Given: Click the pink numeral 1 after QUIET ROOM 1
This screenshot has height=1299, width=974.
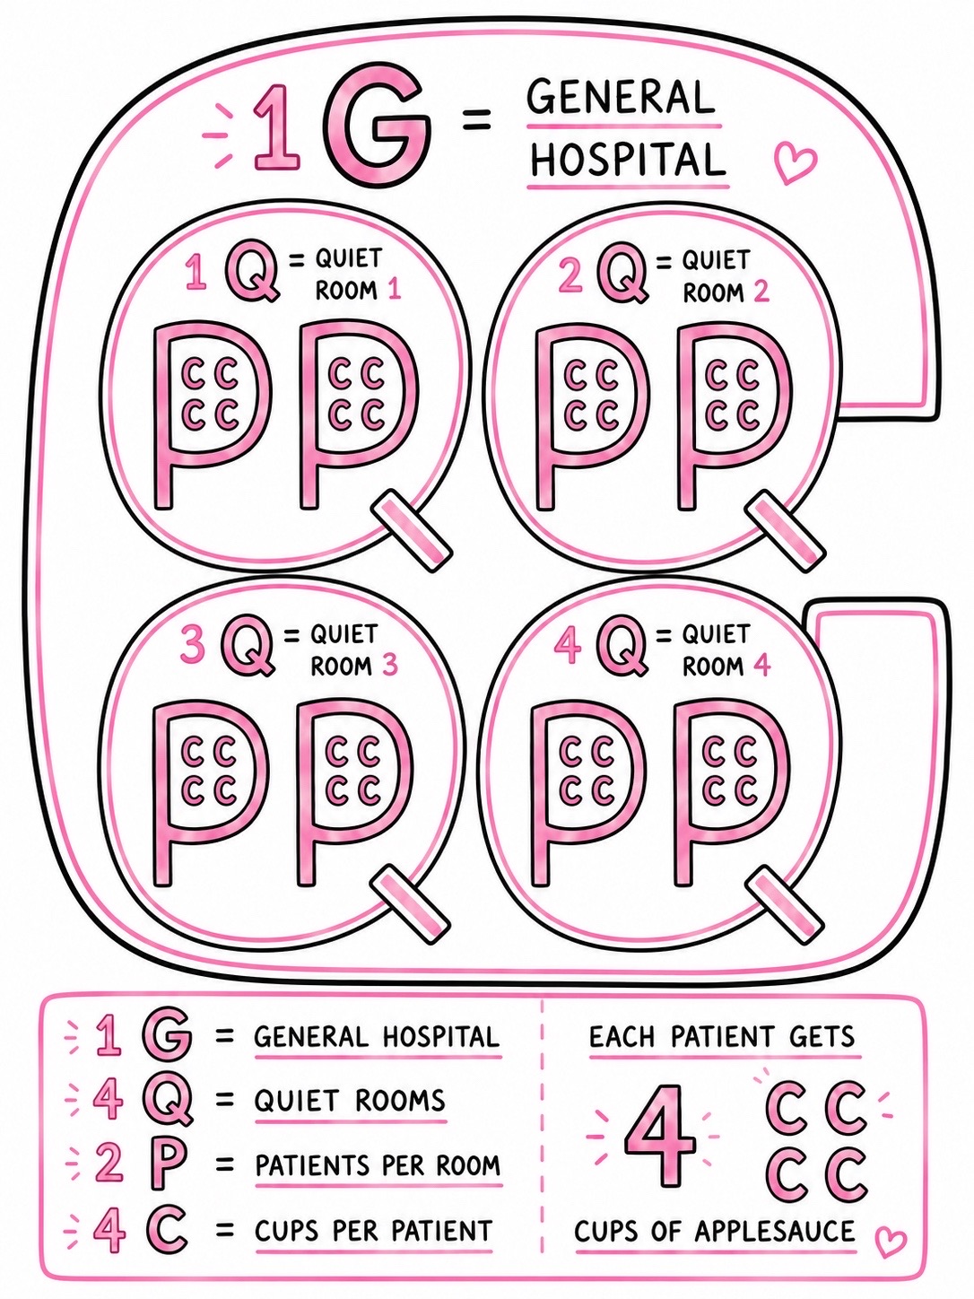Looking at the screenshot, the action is pos(393,291).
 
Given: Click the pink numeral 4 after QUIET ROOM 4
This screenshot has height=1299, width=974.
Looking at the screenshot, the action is pos(761,667).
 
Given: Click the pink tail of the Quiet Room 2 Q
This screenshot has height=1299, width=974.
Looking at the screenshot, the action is pos(784,529).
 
